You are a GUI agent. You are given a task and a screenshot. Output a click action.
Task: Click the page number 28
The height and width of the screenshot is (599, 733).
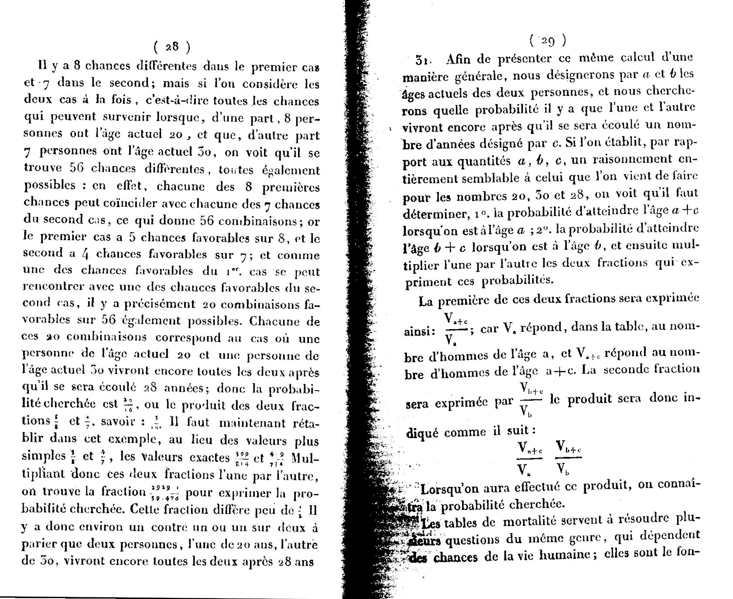tap(172, 47)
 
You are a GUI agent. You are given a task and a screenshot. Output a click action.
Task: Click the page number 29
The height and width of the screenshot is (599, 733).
tap(548, 41)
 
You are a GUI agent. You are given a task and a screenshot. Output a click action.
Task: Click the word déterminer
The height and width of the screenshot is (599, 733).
tap(433, 214)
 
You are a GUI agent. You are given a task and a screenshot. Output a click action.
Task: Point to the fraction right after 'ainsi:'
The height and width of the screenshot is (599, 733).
tap(456, 330)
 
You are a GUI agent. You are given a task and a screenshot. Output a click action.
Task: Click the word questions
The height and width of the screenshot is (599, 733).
tap(473, 539)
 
